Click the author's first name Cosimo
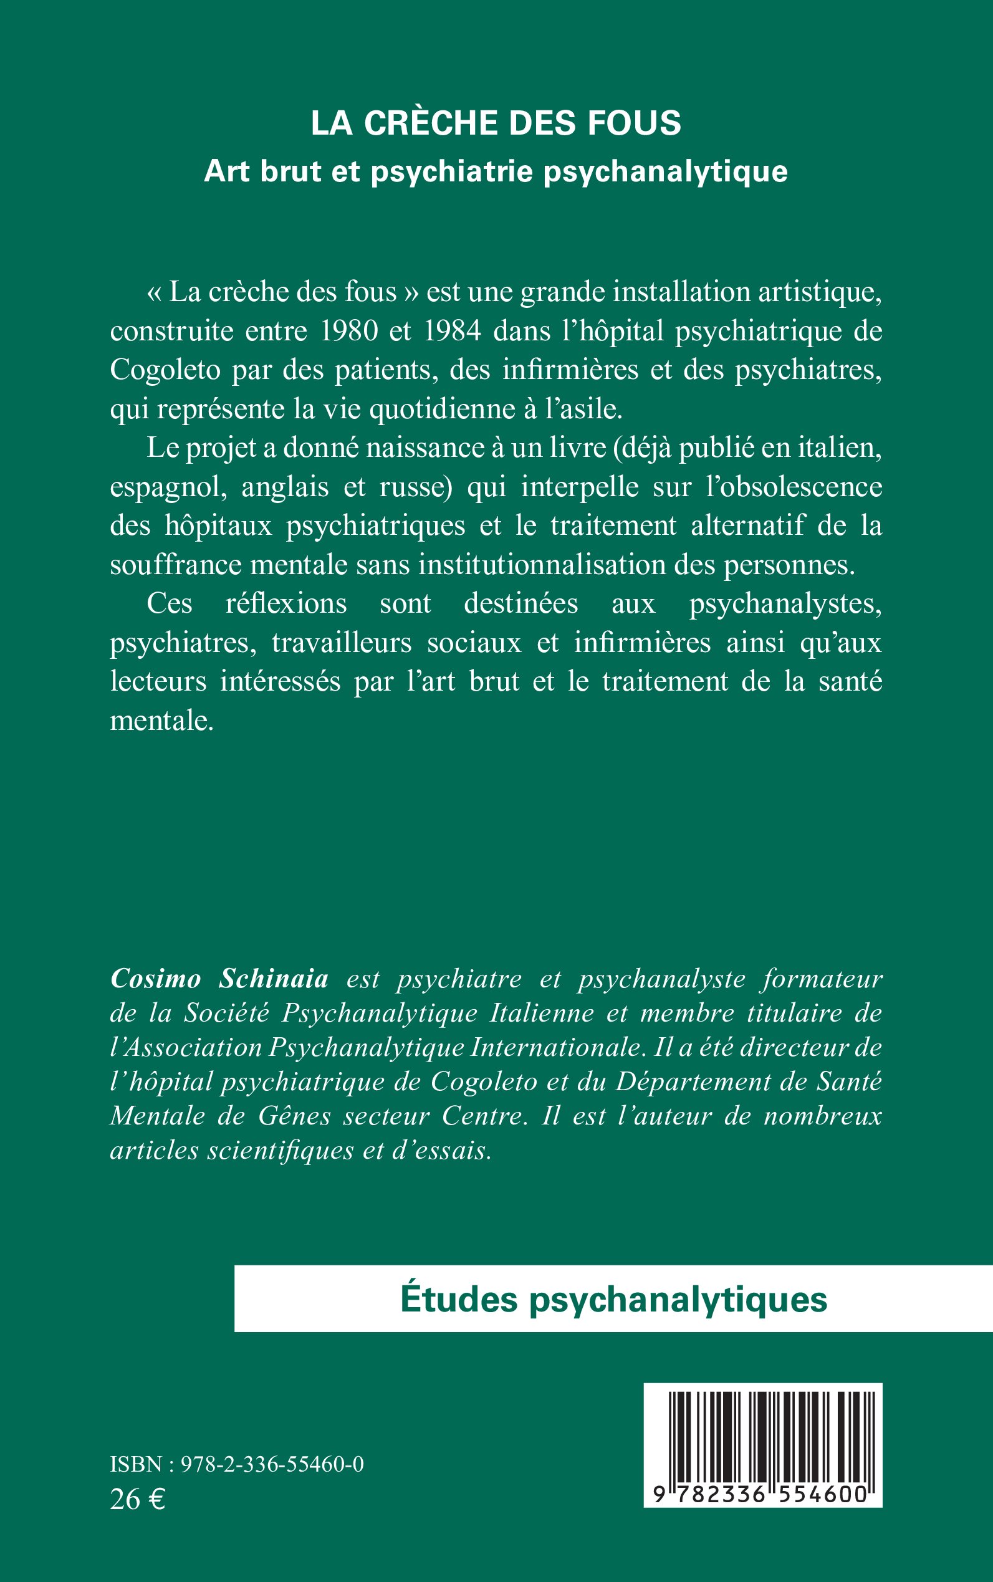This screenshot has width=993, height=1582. tap(156, 979)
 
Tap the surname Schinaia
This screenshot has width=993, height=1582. tap(273, 979)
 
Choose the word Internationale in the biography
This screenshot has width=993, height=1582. tap(554, 1047)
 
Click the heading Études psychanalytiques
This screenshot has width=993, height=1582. tap(613, 1300)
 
